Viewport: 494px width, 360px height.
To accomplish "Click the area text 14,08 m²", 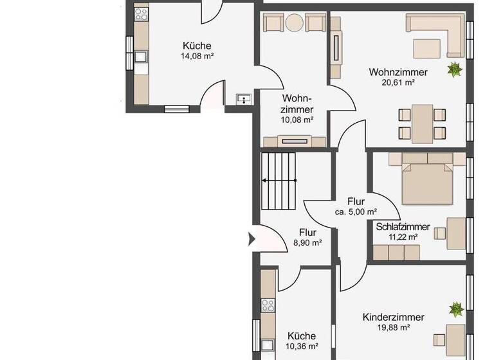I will (197, 57).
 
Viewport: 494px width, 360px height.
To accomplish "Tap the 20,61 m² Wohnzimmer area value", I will (398, 82).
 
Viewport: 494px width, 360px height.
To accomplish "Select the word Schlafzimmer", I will (403, 227).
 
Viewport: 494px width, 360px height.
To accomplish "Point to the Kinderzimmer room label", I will (393, 318).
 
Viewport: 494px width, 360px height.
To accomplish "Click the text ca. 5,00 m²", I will (356, 212).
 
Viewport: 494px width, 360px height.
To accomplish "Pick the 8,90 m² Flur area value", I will (307, 242).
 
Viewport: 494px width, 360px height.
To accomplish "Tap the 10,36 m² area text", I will (302, 346).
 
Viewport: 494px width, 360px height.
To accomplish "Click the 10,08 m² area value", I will (297, 120).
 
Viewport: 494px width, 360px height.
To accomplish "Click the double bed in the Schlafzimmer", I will (428, 182).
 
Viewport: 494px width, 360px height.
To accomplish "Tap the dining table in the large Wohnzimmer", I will (423, 123).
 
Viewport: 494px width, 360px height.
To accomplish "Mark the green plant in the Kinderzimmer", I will (456, 309).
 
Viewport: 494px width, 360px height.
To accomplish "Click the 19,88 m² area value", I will (393, 327).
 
